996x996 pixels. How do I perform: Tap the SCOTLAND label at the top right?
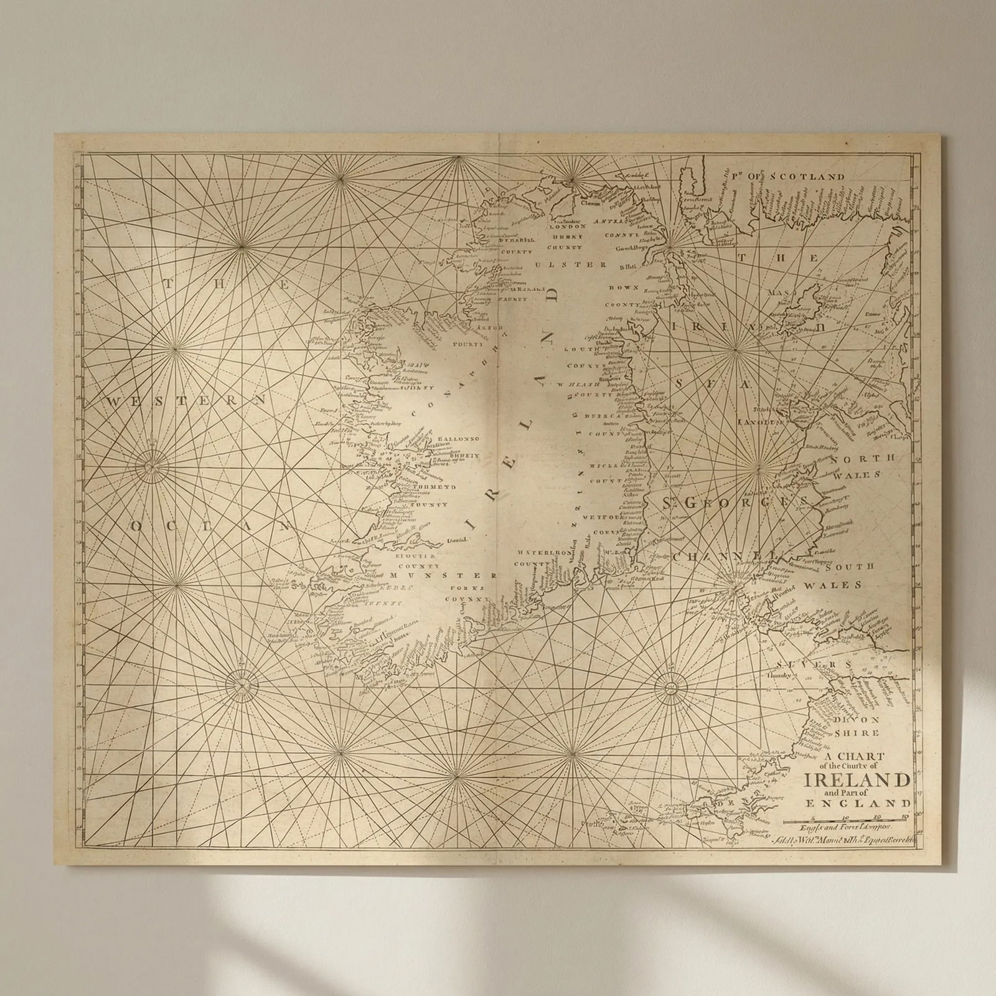(807, 177)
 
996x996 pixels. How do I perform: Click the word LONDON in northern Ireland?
(565, 227)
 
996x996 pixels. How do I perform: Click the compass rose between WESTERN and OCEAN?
(149, 465)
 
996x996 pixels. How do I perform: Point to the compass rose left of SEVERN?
(671, 688)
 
